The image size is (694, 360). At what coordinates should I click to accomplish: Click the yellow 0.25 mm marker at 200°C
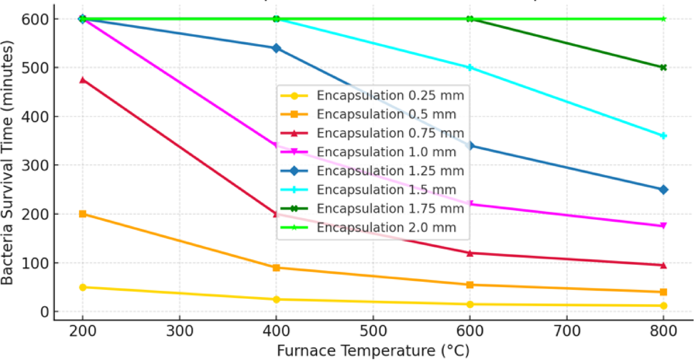click(x=82, y=287)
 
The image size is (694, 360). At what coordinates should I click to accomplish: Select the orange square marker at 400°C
click(x=276, y=267)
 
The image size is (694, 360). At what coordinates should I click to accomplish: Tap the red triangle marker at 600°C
click(x=470, y=253)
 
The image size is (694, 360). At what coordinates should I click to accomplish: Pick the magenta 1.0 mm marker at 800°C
click(x=663, y=226)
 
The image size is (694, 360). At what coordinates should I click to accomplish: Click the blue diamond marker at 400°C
click(x=276, y=48)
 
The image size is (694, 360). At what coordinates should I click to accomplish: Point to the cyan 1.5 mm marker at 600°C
click(x=470, y=68)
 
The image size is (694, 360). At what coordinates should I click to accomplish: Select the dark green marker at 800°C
click(x=663, y=67)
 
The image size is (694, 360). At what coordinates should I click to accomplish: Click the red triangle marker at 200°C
click(x=82, y=80)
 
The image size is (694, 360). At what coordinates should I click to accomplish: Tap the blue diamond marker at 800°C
click(x=663, y=190)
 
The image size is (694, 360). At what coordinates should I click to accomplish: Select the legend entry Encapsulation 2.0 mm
click(x=386, y=228)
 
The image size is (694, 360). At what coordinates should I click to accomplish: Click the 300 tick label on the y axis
click(x=35, y=165)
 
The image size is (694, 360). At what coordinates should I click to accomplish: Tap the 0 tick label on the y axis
click(x=45, y=312)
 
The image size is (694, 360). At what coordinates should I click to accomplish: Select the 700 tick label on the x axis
click(x=567, y=331)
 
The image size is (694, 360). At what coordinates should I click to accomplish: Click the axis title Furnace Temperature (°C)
click(x=373, y=351)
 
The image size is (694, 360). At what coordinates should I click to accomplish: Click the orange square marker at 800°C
click(x=663, y=292)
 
